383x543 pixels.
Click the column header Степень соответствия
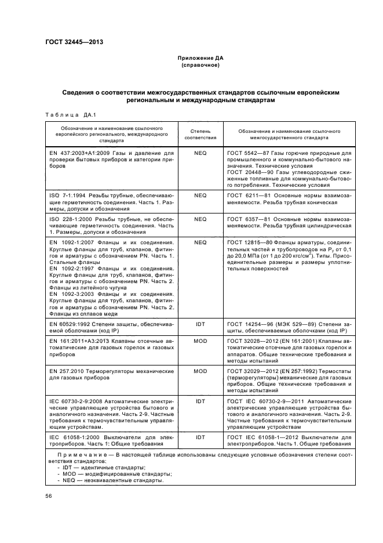[200, 135]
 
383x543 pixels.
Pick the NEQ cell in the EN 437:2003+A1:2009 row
[200, 153]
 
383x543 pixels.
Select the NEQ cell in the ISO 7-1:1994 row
[200, 196]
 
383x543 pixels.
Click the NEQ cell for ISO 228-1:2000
[200, 219]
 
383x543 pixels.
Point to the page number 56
[49, 495]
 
